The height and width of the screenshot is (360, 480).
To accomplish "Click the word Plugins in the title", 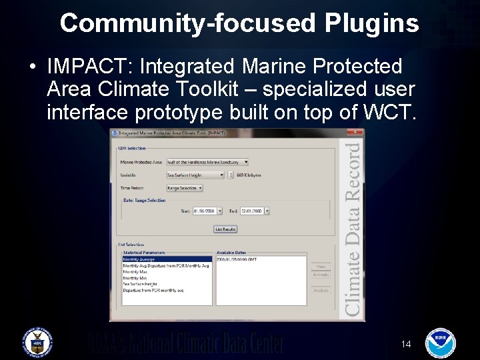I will point(372,23).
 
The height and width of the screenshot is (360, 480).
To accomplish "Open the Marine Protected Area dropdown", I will point(207,161).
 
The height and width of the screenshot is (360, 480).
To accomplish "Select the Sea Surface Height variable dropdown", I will point(195,175).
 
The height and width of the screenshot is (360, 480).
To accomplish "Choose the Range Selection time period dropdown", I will point(185,188).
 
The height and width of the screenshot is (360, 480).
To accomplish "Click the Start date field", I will point(207,211).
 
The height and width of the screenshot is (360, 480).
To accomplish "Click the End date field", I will point(254,211).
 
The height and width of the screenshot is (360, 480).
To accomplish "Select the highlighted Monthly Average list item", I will point(139,259).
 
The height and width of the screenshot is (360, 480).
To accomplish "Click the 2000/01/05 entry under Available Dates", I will point(237,259).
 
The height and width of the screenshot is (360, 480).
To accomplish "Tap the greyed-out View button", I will point(321,266).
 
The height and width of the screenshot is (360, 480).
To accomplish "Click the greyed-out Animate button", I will point(321,275).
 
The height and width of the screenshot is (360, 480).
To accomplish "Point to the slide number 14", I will point(406,344).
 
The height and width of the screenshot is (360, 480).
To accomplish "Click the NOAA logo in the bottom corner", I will point(440,341).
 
